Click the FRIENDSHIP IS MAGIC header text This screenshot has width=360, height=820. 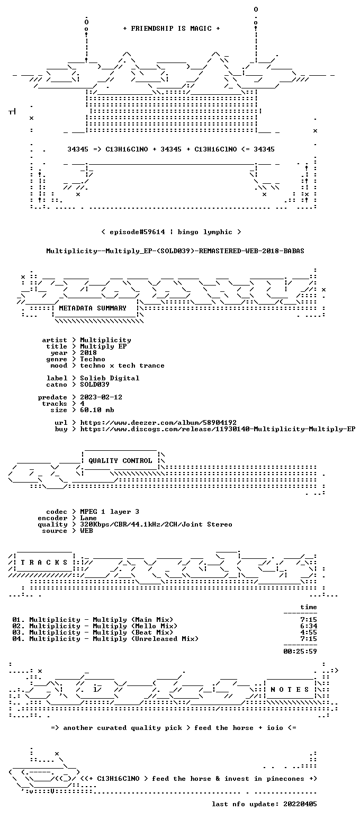[171, 29]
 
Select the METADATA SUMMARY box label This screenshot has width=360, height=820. [92, 308]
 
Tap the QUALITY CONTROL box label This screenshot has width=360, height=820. [120, 461]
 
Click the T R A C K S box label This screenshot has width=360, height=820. [44, 563]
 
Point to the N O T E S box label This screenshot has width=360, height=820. [290, 690]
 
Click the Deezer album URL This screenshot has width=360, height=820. [158, 423]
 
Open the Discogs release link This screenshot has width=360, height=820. [218, 429]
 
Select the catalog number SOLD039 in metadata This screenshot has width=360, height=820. [94, 385]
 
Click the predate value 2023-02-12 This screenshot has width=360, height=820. [101, 398]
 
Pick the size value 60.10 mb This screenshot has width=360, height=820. [97, 410]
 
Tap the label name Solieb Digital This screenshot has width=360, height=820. [110, 379]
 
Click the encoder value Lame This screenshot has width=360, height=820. [88, 519]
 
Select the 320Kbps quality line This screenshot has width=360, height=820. [156, 524]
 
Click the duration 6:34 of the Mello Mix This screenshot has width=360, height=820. [309, 626]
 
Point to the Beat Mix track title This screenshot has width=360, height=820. [101, 632]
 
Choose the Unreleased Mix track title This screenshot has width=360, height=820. [114, 639]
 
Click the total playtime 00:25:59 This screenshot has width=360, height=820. [300, 652]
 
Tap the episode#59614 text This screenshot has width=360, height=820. [137, 232]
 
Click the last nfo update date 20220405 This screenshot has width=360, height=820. [300, 804]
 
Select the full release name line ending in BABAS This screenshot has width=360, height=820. [175, 251]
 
